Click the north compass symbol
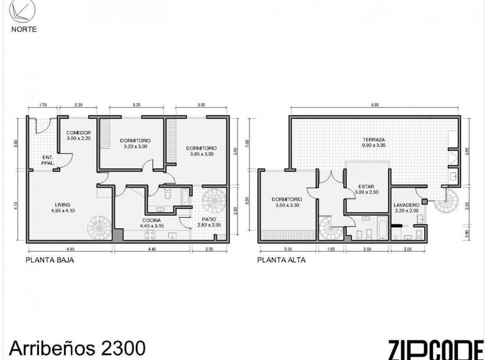23,10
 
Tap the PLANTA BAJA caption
50,259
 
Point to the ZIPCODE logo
435,348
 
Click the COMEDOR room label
78,135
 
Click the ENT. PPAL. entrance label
49,159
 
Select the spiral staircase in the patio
214,200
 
